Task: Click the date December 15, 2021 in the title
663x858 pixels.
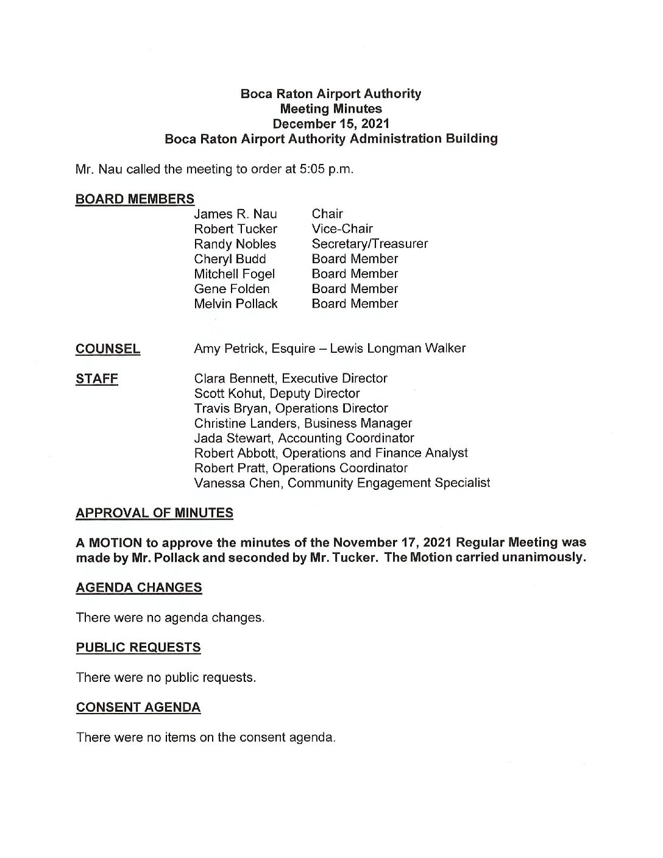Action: tap(331, 124)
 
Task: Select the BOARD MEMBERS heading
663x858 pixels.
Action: tap(135, 199)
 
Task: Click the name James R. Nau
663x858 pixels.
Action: tap(235, 214)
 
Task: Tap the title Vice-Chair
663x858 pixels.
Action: tap(342, 229)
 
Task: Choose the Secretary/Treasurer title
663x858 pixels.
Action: tap(369, 244)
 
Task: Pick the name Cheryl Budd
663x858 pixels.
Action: tap(230, 259)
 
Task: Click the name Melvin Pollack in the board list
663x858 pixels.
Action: tap(235, 303)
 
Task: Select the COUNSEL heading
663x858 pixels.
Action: tap(108, 349)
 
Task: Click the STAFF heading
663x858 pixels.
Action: tap(97, 378)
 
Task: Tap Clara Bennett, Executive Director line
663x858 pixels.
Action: tap(290, 378)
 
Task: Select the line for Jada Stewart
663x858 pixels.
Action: tap(303, 438)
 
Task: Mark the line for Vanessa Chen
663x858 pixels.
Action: tap(342, 483)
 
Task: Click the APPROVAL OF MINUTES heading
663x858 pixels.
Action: tap(154, 513)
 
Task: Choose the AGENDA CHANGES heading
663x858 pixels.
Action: tap(139, 587)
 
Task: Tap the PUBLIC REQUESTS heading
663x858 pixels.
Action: tap(138, 647)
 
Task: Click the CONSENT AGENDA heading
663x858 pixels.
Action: tap(138, 707)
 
